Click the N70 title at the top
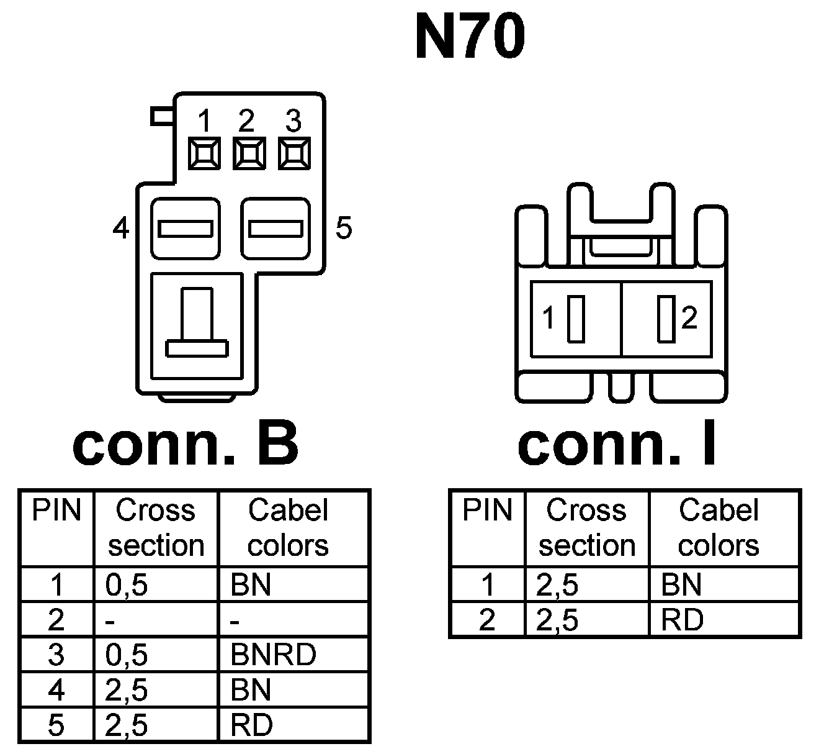[470, 37]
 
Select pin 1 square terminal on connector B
[204, 153]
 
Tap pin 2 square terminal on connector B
[249, 153]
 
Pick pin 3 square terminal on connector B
[293, 153]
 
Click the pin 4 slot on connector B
[186, 229]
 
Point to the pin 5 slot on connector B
[275, 229]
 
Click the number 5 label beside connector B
[343, 229]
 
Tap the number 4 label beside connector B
[121, 229]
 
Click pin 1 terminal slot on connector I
[576, 319]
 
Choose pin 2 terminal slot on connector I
[666, 319]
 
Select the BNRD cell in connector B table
[273, 655]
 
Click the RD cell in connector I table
[683, 620]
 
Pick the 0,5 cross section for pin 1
[127, 585]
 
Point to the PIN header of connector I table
[488, 511]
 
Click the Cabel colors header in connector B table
[288, 528]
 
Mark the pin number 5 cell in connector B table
[56, 725]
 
